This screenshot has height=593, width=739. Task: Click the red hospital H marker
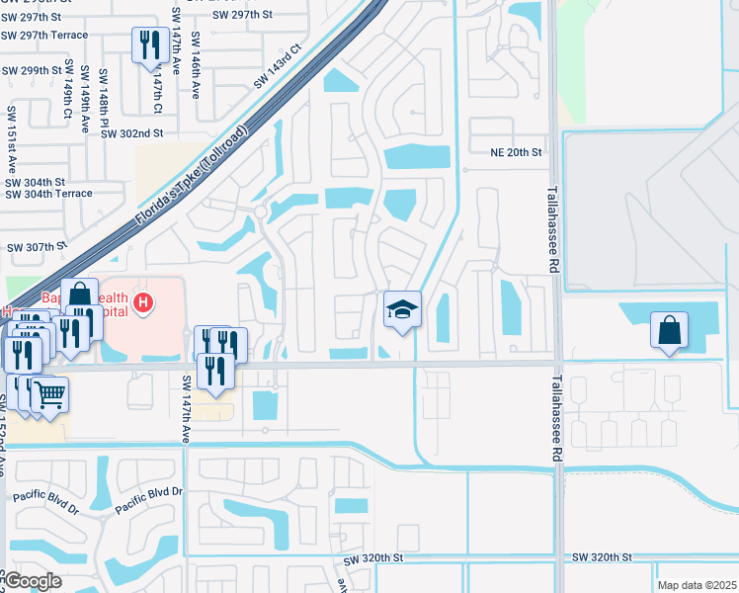[x=144, y=301]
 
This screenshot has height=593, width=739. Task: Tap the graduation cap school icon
[x=402, y=310]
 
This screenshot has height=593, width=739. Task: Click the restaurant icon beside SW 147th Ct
[x=150, y=45]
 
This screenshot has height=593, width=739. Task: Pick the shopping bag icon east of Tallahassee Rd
[x=669, y=330]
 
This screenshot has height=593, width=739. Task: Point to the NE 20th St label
[x=516, y=152]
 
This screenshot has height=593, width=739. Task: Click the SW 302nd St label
[x=131, y=132]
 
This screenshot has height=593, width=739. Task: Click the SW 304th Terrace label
[x=48, y=194]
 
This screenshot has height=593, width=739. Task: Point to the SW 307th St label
[x=36, y=246]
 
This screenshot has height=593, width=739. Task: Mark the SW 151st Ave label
[x=12, y=132]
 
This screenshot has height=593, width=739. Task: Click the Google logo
[x=33, y=581]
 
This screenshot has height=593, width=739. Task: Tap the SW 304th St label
[x=35, y=182]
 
